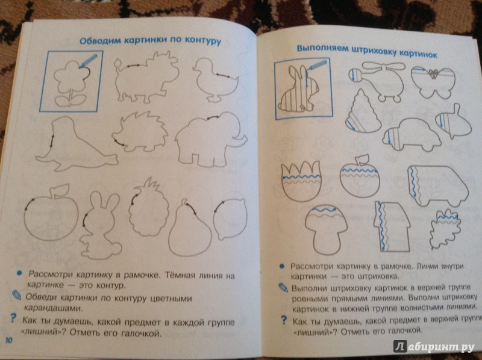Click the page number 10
(9, 340)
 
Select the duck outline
(215, 79)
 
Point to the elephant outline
(211, 138)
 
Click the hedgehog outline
(140, 132)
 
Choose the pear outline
(190, 229)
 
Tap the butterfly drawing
(433, 82)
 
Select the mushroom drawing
(327, 229)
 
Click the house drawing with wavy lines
(391, 226)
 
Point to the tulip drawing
(301, 181)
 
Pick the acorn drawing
(454, 123)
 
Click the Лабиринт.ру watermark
(434, 347)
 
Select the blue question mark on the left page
(13, 318)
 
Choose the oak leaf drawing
(445, 229)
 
